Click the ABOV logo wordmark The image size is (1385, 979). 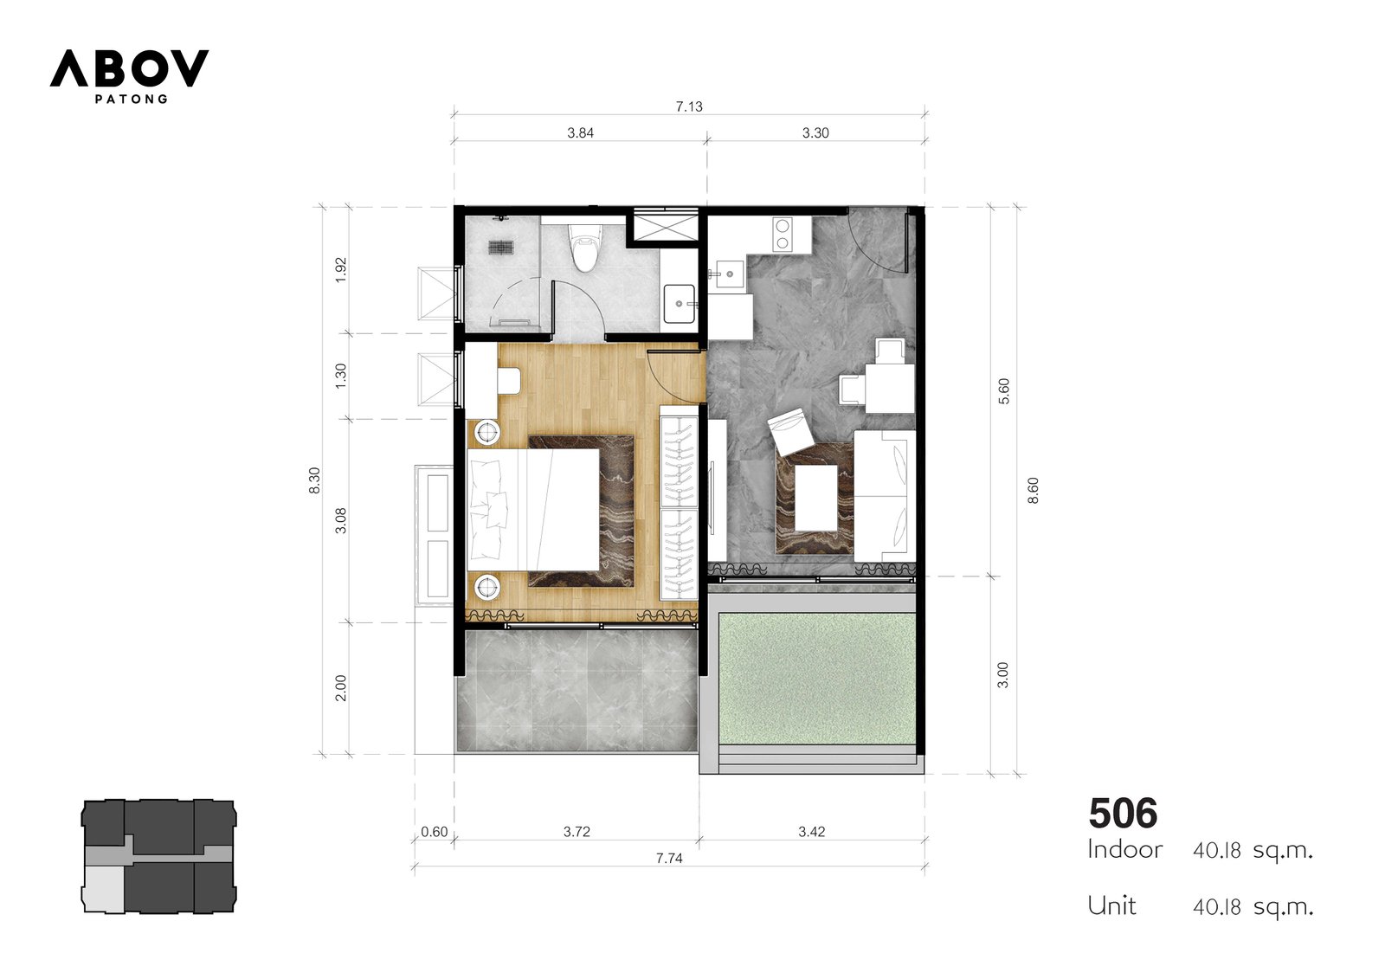129,68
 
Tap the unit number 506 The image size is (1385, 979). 1123,814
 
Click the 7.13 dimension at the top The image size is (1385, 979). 689,106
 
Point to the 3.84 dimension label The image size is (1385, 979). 580,132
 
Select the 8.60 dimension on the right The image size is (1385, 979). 1033,491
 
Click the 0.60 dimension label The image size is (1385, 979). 434,832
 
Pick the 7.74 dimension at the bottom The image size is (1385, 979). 669,858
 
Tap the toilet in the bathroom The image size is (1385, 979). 583,248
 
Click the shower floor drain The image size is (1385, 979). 501,248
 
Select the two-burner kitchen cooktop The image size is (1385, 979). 783,235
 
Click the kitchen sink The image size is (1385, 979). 729,273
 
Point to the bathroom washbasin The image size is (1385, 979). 680,304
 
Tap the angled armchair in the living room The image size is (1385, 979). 791,432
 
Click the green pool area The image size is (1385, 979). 817,679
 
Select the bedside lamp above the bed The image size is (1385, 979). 487,431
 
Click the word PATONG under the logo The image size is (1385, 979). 131,99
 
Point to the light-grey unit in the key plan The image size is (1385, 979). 103,888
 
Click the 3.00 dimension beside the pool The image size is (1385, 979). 1003,674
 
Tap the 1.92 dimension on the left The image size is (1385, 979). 341,270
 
